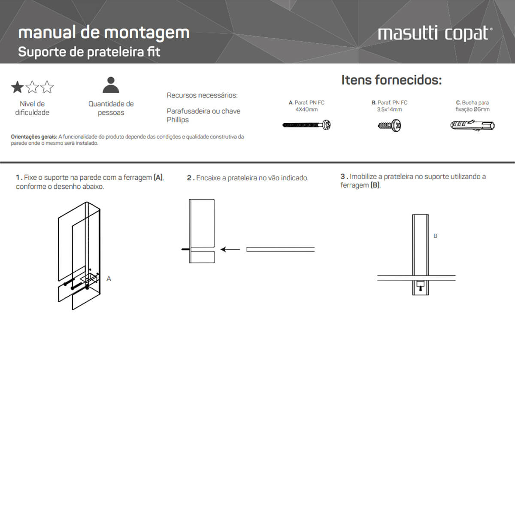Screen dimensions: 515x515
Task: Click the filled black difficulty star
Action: point(17,88)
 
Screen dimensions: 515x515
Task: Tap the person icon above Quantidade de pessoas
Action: point(111,85)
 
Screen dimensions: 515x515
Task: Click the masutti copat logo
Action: point(435,33)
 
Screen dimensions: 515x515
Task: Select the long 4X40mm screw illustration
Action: point(306,125)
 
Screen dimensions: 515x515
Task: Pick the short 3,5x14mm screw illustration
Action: point(389,126)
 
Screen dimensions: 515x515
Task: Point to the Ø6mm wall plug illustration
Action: point(472,125)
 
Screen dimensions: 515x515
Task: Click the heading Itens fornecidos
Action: point(391,80)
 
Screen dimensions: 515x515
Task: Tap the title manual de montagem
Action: point(104,33)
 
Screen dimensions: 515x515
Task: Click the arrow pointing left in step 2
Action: point(230,249)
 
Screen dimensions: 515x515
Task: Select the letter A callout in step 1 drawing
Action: point(109,279)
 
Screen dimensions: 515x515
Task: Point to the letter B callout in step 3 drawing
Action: point(435,236)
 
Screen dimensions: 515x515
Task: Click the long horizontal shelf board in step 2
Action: point(280,249)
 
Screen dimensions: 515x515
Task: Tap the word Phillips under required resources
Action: point(178,120)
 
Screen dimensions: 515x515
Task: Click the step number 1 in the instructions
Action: point(18,177)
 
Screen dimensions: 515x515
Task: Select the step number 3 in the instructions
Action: point(343,176)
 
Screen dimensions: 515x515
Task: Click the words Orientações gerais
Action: point(34,137)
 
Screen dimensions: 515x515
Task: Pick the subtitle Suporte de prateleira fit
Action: point(89,52)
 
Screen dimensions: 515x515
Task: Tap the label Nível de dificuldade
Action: point(32,108)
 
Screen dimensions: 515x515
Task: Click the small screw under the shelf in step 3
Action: point(420,285)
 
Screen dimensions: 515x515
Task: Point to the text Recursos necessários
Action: point(202,95)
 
